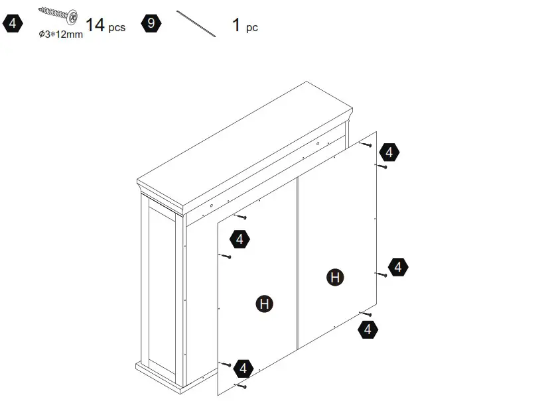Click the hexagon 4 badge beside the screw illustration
pyautogui.click(x=13, y=25)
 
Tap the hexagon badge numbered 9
pyautogui.click(x=152, y=25)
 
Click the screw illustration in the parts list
pyautogui.click(x=58, y=13)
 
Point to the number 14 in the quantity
pyautogui.click(x=95, y=25)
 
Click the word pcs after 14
pyautogui.click(x=117, y=28)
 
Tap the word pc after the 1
pyautogui.click(x=252, y=28)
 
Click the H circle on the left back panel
pyautogui.click(x=264, y=304)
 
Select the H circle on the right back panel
pyautogui.click(x=336, y=278)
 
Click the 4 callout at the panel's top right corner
pyautogui.click(x=389, y=152)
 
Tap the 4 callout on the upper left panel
pyautogui.click(x=239, y=239)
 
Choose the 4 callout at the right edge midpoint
pyautogui.click(x=398, y=267)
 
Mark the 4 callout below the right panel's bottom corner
pyautogui.click(x=370, y=328)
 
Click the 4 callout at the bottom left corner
pyautogui.click(x=243, y=368)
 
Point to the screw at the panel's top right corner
pyautogui.click(x=365, y=143)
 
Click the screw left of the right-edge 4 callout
pyautogui.click(x=381, y=273)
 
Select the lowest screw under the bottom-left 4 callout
pyautogui.click(x=241, y=384)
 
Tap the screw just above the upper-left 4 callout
pyautogui.click(x=241, y=216)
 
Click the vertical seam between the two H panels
pyautogui.click(x=297, y=265)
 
